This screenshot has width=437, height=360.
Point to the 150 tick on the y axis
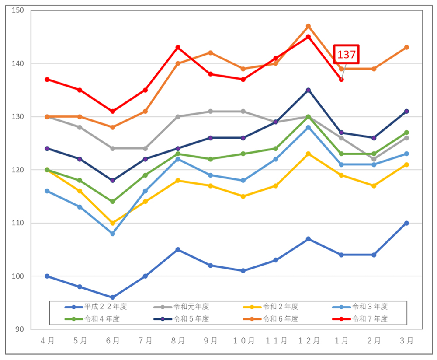[17, 10]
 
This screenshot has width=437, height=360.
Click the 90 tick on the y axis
[19, 329]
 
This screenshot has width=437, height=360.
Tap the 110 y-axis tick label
[17, 223]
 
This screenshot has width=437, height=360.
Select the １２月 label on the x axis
[308, 341]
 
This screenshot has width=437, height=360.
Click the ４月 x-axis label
[47, 341]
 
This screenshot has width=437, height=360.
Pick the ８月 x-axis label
[177, 341]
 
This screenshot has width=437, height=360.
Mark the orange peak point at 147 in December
[308, 26]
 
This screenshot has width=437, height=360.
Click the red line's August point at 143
[178, 47]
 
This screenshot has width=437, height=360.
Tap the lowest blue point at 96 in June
[113, 297]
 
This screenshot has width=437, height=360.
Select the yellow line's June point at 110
[113, 223]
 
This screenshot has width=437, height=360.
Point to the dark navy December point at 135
[308, 90]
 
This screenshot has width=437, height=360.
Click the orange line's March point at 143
[406, 47]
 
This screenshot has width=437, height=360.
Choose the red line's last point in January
[341, 79]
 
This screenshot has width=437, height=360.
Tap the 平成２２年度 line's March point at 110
[406, 223]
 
